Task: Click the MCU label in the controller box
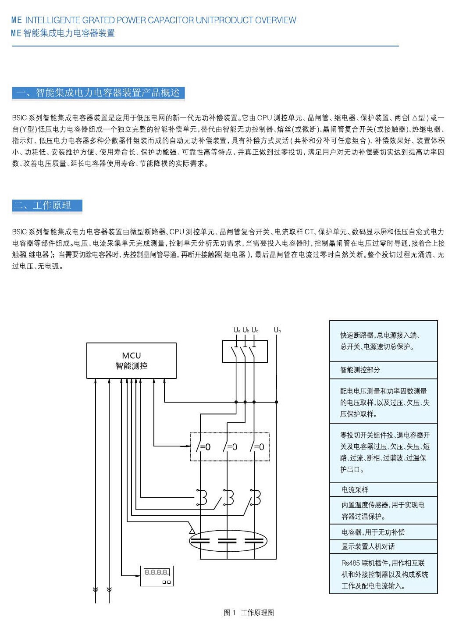[x=132, y=355]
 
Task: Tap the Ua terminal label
[x=237, y=330]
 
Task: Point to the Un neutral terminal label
[x=277, y=330]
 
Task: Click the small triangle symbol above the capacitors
[x=192, y=531]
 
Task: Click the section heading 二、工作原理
[x=47, y=206]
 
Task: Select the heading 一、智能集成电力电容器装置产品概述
[x=98, y=93]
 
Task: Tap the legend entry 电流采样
[x=355, y=490]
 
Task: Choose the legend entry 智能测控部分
[x=360, y=370]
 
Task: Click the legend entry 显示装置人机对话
[x=368, y=546]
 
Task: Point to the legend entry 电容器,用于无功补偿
[x=373, y=532]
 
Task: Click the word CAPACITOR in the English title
[x=171, y=20]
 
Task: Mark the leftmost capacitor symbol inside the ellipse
[x=200, y=541]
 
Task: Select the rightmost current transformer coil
[x=256, y=497]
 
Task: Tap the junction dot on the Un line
[x=277, y=402]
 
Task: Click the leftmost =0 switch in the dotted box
[x=203, y=446]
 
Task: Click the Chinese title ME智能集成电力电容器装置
[x=63, y=33]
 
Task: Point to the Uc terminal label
[x=255, y=330]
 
